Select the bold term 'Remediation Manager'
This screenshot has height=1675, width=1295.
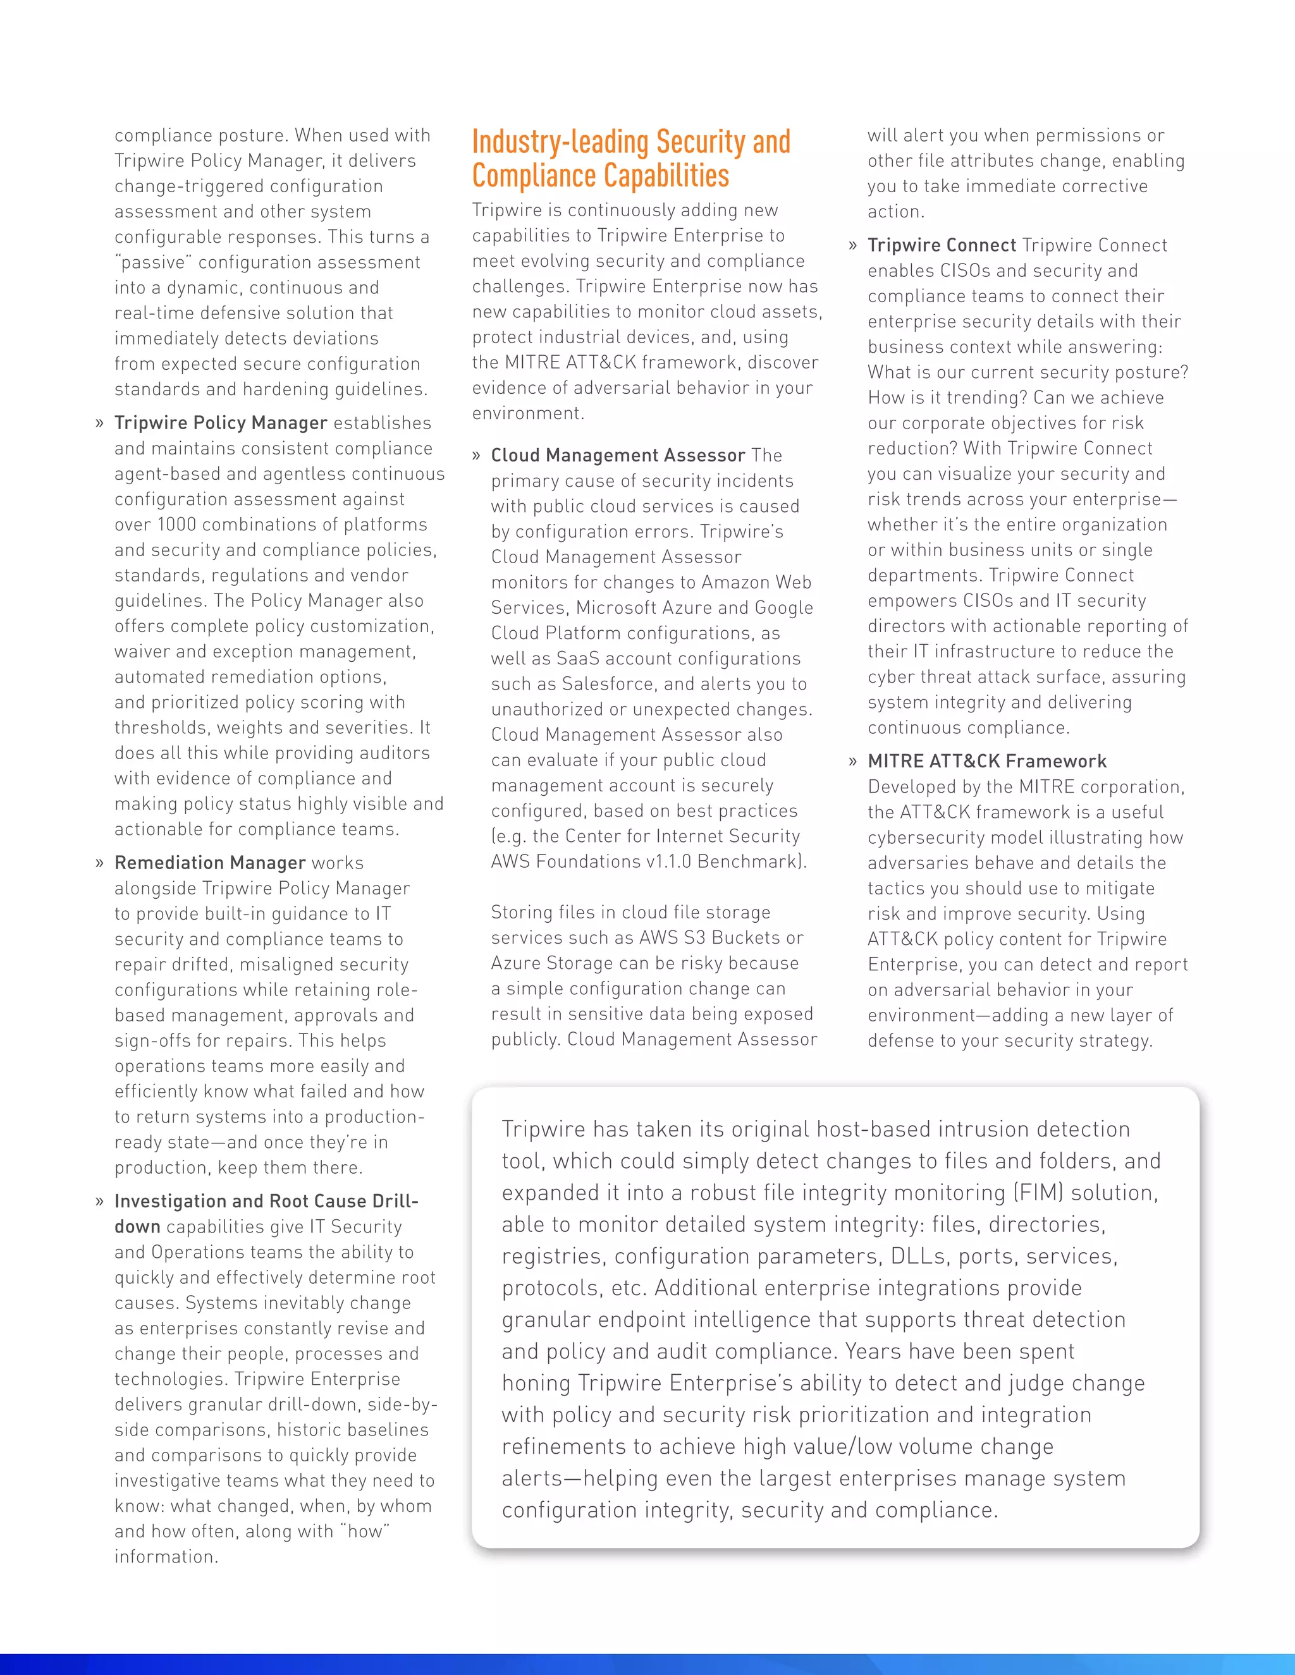pos(209,863)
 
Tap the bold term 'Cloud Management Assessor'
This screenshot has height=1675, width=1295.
pos(618,456)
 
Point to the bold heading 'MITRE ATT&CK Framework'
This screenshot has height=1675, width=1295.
pos(986,762)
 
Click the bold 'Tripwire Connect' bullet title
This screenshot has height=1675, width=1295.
pos(942,245)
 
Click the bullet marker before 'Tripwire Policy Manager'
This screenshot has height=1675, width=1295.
pos(99,423)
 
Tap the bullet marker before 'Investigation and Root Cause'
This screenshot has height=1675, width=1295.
pos(99,1202)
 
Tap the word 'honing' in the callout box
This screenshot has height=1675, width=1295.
pos(536,1384)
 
